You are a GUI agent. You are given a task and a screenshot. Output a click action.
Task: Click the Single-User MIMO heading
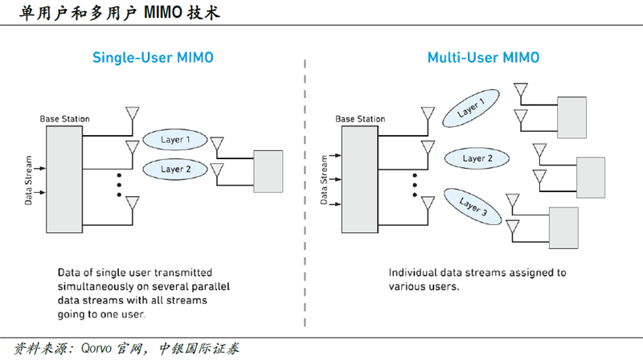coord(153,57)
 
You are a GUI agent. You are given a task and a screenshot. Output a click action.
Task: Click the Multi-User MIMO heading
coord(484,57)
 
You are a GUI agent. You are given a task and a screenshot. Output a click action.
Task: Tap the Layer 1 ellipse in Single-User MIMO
coord(175,140)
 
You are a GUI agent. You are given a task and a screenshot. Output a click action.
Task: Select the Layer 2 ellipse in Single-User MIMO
coord(175,170)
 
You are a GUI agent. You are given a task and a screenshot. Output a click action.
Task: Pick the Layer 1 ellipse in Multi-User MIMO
coord(471,108)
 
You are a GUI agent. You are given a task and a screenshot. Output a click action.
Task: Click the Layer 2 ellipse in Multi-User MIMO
coord(477,158)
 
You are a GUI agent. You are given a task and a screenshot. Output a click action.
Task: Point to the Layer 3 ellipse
coord(473,207)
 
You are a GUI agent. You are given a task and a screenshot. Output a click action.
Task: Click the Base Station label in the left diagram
coord(65,119)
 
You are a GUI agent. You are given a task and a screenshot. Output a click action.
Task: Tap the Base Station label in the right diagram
coord(360,119)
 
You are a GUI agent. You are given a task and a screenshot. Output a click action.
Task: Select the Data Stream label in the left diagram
coord(28,180)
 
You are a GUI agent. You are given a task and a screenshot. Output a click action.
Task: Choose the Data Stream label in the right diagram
coord(324,179)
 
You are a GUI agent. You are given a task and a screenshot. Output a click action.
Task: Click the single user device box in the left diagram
coord(268,171)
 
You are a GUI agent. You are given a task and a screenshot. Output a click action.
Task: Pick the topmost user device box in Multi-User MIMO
coord(571,117)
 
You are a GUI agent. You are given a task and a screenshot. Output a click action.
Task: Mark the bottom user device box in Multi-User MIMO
coord(563,228)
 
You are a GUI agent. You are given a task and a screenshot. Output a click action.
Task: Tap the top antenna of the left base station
coord(133,113)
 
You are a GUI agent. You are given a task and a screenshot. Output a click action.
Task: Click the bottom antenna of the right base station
coord(428,203)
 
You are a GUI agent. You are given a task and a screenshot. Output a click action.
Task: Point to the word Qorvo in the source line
coord(96,349)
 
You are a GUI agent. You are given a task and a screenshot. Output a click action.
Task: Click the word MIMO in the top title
coord(163,13)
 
